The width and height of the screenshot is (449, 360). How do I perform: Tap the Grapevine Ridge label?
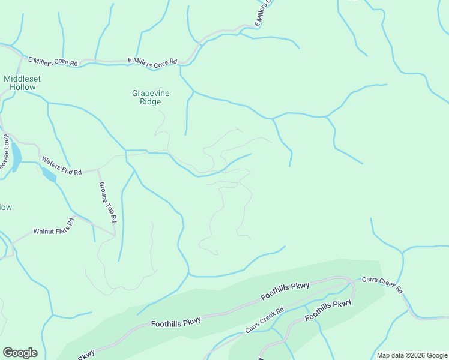click(147, 97)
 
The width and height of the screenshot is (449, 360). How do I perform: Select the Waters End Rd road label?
click(61, 166)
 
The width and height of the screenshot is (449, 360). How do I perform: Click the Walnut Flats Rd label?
click(53, 226)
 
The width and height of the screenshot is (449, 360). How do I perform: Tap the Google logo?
click(20, 353)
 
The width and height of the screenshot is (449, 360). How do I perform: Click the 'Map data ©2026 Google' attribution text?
click(412, 355)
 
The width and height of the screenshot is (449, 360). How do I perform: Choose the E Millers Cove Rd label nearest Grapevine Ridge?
click(153, 61)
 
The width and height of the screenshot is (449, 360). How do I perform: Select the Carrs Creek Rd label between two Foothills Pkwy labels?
click(264, 322)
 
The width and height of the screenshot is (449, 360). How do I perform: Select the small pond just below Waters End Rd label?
click(49, 175)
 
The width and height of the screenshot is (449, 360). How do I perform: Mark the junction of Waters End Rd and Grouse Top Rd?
click(98, 170)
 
